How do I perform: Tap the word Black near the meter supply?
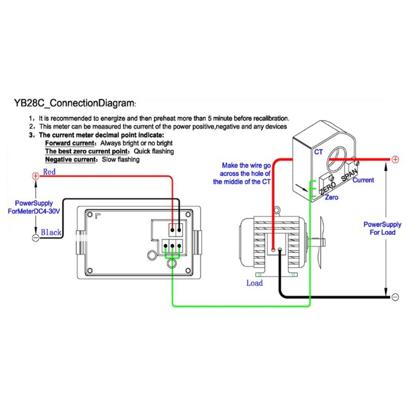click(51, 232)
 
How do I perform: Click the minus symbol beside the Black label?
click(35, 238)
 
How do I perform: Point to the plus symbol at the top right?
click(394, 159)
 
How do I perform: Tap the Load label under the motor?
click(254, 283)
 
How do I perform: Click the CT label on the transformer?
click(318, 152)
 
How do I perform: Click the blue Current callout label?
click(363, 180)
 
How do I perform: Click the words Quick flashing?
click(154, 151)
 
